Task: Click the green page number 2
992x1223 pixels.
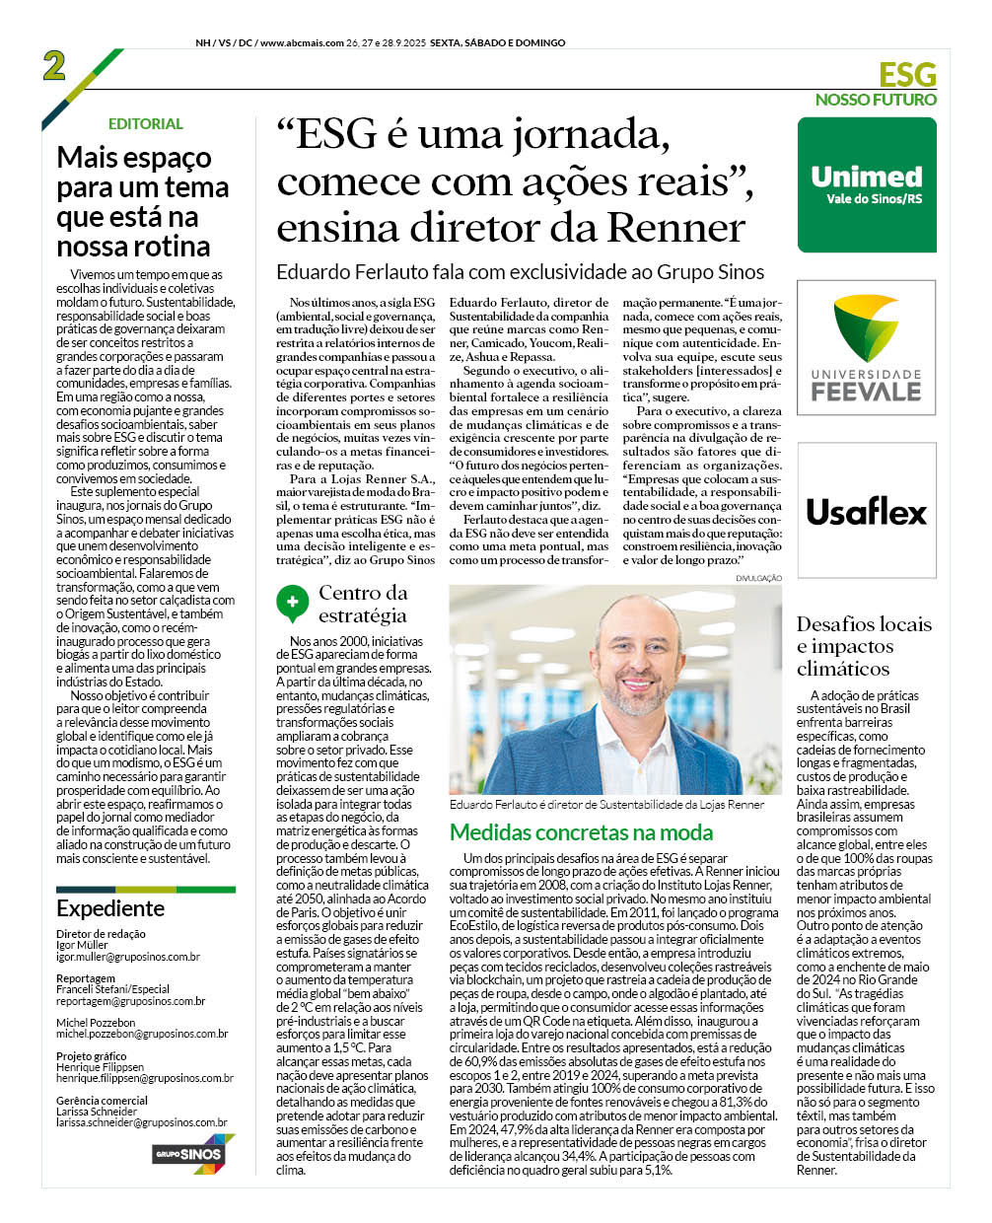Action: pyautogui.click(x=54, y=66)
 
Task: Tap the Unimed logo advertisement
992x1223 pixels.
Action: pyautogui.click(x=867, y=184)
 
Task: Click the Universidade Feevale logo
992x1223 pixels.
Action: pyautogui.click(x=867, y=347)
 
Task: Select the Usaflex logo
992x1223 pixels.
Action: pyautogui.click(x=867, y=512)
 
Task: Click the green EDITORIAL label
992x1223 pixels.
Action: pyautogui.click(x=146, y=124)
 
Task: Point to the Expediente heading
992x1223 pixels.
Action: pyautogui.click(x=110, y=908)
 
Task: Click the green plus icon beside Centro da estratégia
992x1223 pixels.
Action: pyautogui.click(x=292, y=601)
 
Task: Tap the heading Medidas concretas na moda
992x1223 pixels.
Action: pyautogui.click(x=581, y=832)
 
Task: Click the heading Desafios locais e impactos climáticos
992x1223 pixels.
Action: pyautogui.click(x=863, y=646)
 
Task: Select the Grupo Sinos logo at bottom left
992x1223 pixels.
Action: pyautogui.click(x=188, y=1153)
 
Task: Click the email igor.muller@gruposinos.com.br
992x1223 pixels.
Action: pyautogui.click(x=128, y=957)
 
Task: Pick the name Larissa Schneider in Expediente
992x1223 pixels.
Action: pyautogui.click(x=97, y=1112)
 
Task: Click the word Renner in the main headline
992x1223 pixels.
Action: pyautogui.click(x=675, y=228)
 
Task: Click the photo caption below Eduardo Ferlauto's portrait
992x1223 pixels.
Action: pyautogui.click(x=606, y=805)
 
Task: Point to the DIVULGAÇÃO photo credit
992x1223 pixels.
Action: pyautogui.click(x=758, y=578)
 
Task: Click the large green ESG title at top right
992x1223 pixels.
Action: pyautogui.click(x=907, y=75)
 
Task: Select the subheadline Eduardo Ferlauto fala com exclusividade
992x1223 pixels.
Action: pyautogui.click(x=520, y=272)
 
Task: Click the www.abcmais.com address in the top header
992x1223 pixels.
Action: pyautogui.click(x=302, y=43)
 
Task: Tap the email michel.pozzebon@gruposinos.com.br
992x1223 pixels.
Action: pyautogui.click(x=142, y=1034)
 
